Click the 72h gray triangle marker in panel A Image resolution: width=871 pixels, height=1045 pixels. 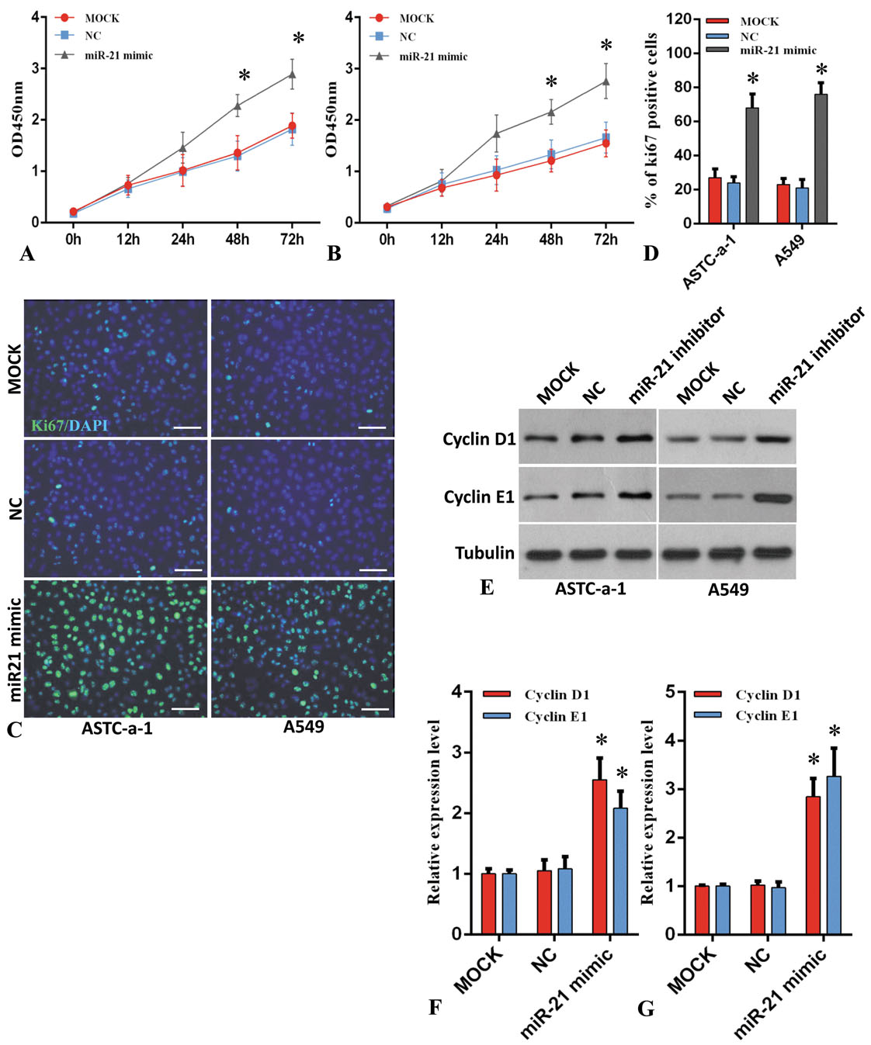point(292,74)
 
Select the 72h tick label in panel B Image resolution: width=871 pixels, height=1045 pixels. point(606,240)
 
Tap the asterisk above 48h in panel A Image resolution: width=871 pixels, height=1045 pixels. point(245,76)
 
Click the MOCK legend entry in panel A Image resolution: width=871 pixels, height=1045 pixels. point(102,18)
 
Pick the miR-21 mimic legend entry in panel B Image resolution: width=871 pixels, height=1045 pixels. point(433,57)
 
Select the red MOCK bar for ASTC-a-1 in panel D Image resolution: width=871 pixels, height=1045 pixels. point(715,200)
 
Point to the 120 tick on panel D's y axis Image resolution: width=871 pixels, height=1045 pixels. point(679,19)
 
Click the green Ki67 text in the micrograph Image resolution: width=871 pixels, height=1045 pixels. point(47,425)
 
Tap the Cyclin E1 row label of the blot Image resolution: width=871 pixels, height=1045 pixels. point(479,497)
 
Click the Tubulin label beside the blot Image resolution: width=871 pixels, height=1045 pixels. point(484,552)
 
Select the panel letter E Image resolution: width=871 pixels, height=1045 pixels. point(487,587)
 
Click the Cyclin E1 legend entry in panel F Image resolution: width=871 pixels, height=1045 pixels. point(555,716)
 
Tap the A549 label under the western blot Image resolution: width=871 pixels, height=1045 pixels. point(728,590)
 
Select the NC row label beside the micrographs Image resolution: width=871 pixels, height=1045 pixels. point(14,509)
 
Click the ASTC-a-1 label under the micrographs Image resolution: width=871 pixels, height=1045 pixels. point(117,728)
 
